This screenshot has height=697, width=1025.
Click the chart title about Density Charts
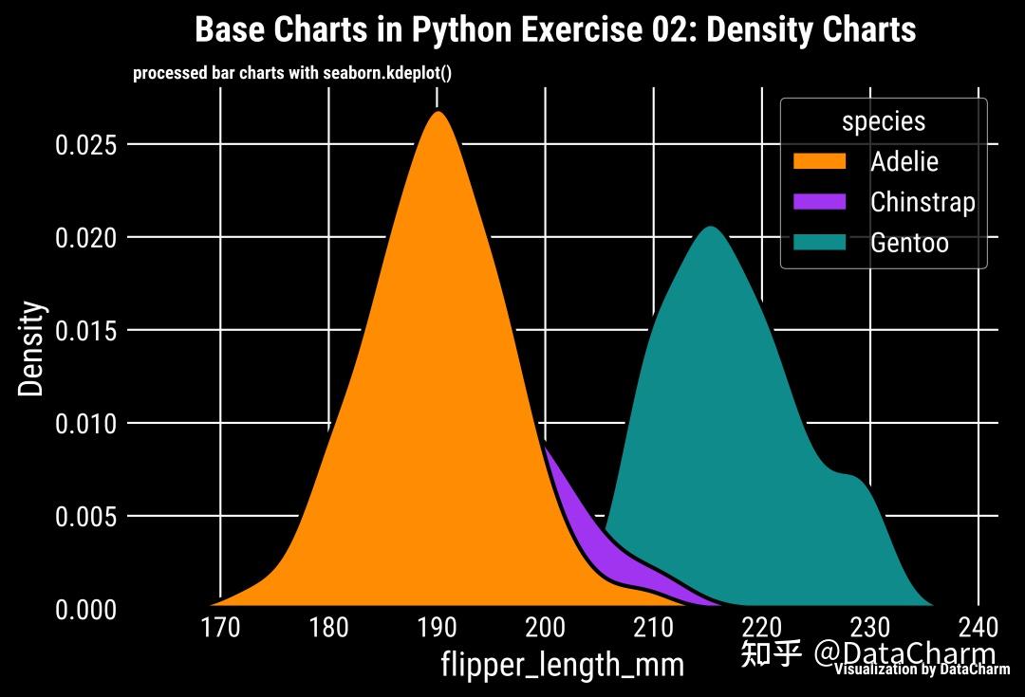554,30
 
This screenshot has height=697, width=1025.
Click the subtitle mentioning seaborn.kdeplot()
291,73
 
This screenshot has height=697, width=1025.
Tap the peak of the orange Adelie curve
438,114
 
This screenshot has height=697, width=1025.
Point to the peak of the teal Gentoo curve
709,229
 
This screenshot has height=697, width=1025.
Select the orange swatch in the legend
818,161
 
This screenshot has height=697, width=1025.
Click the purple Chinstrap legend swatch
818,202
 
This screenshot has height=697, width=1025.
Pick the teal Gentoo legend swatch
818,243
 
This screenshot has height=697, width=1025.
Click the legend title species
883,121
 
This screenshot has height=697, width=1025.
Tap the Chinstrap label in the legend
922,202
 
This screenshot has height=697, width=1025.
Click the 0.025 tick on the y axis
85,145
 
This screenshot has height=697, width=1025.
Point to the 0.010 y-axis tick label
85,424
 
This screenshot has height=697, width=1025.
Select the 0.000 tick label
85,610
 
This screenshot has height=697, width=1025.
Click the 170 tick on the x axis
221,629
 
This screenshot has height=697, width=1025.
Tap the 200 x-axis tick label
545,629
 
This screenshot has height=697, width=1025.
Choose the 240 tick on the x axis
978,629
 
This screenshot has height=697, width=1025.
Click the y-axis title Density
32,348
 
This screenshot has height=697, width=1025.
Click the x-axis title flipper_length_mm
562,665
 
